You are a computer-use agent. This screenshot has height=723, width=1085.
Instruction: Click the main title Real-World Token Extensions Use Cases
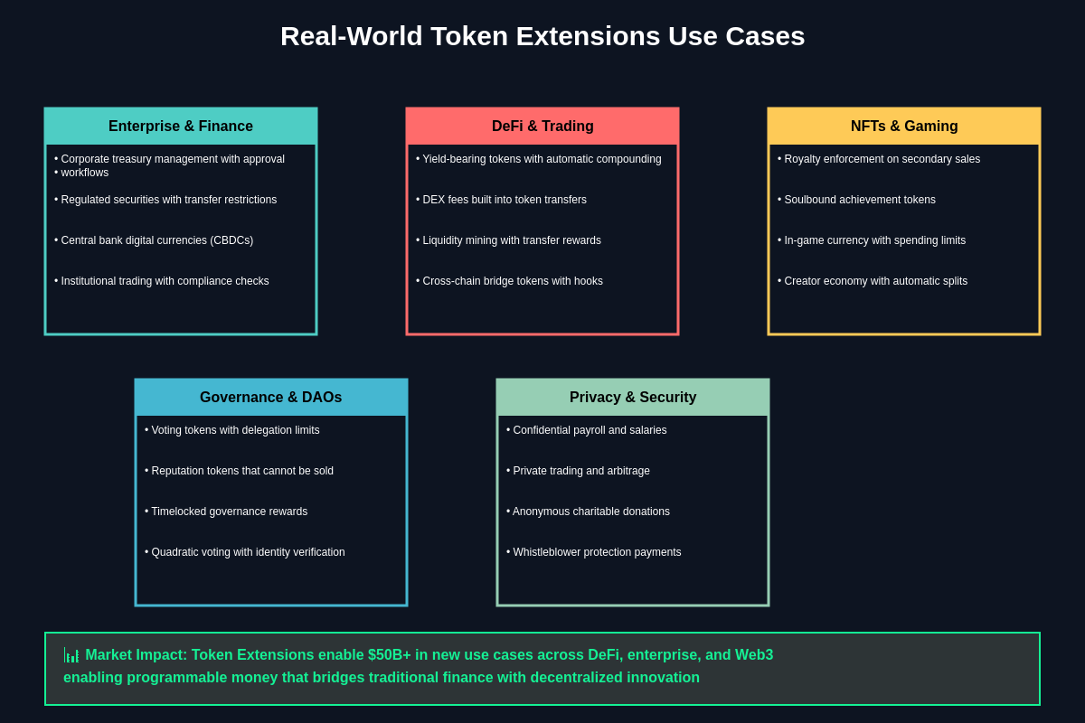(x=542, y=36)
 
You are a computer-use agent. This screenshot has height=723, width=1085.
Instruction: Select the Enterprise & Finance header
(x=181, y=127)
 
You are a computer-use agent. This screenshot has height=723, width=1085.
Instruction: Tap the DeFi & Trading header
(x=542, y=127)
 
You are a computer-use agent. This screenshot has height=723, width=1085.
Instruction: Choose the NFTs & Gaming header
(x=904, y=127)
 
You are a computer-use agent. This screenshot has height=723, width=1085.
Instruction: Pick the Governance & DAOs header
(x=271, y=398)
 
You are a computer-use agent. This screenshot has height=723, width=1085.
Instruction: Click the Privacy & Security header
(x=633, y=398)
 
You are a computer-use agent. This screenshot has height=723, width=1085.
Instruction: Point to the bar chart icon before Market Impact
(x=71, y=655)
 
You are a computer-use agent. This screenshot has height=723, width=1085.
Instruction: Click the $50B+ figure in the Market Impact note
(x=389, y=655)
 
